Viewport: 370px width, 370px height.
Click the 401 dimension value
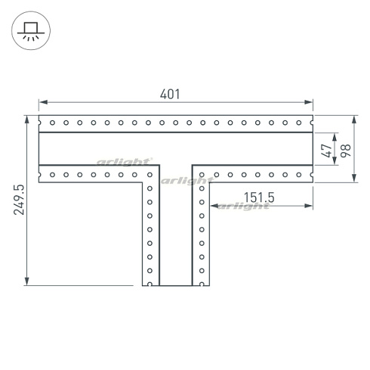point(170,94)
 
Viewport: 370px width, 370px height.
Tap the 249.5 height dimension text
point(19,200)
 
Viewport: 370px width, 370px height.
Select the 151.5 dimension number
point(259,197)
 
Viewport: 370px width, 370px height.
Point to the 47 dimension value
point(326,151)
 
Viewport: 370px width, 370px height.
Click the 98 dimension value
point(346,151)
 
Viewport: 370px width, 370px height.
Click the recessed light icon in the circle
point(31,30)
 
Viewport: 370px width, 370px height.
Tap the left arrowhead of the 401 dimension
point(43,102)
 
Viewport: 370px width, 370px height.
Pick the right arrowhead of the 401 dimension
point(308,102)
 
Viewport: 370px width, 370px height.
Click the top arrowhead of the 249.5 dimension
point(27,120)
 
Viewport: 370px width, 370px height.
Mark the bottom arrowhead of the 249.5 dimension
point(27,281)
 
